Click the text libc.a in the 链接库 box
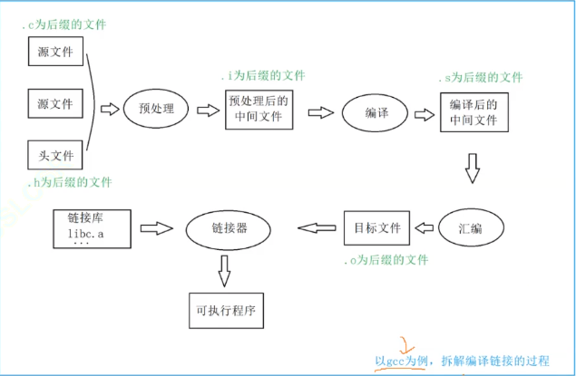(85, 234)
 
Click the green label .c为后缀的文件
(63, 25)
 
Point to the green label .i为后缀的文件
(263, 75)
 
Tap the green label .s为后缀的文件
(481, 77)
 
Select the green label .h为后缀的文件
(70, 182)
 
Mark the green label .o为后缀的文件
(386, 260)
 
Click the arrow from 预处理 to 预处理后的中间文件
(208, 110)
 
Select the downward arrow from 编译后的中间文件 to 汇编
(473, 169)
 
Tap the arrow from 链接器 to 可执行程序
(224, 271)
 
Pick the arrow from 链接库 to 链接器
(157, 228)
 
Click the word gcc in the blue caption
(395, 362)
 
